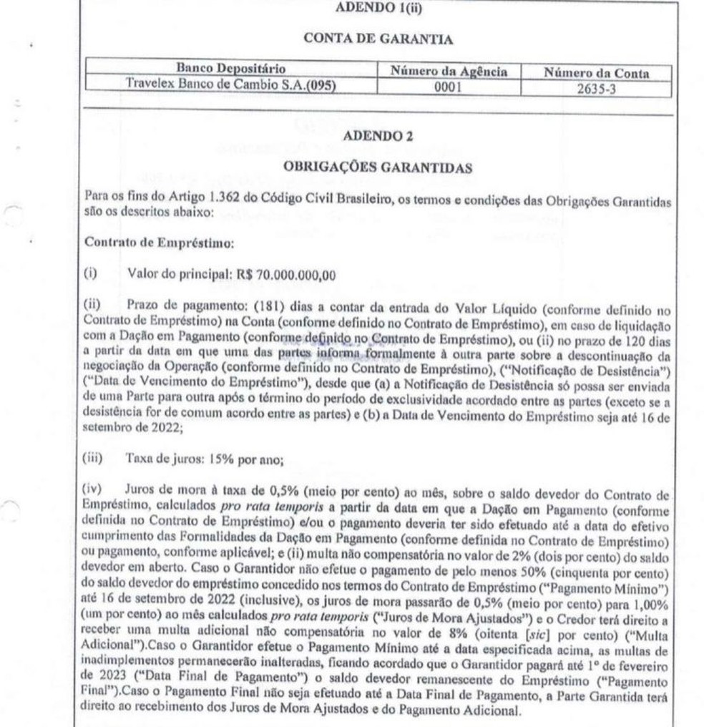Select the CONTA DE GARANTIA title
378,39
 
